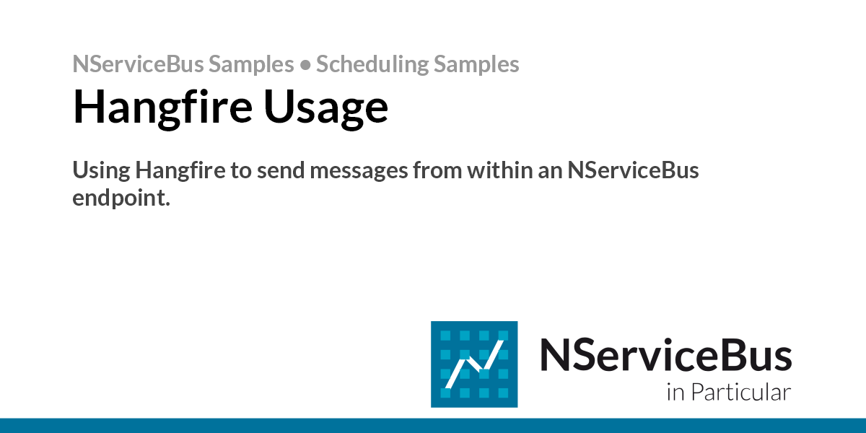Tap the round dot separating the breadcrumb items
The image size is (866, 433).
point(305,65)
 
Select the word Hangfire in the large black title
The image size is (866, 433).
point(161,107)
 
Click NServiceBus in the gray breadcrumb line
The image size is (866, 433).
point(138,65)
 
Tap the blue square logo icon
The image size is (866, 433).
point(474,364)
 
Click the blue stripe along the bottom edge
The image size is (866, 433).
point(433,425)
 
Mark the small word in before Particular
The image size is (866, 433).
point(675,393)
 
